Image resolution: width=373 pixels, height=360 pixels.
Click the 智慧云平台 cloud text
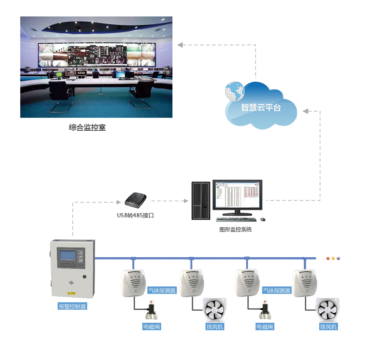point(261,108)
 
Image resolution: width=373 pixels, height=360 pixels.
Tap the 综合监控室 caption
point(87,128)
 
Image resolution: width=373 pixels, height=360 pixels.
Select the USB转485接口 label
point(135,215)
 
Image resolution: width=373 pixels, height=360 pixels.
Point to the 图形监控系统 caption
point(235,229)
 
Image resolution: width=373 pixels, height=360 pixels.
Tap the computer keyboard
point(236,219)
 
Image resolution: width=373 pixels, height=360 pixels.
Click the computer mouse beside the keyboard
point(263,219)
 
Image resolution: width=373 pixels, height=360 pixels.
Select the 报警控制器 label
point(72,307)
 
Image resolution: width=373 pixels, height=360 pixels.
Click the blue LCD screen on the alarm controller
point(65,255)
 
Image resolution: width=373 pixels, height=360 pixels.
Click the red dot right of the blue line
point(328,258)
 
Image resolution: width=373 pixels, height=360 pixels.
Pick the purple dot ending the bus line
point(338,258)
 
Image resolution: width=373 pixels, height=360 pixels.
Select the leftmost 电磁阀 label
point(152,327)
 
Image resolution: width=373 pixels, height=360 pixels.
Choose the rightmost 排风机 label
point(329,327)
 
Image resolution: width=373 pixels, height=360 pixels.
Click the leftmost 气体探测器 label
point(162,290)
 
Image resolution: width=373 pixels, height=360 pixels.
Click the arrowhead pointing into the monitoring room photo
point(179,45)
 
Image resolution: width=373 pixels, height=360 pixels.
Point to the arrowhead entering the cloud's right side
point(305,111)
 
